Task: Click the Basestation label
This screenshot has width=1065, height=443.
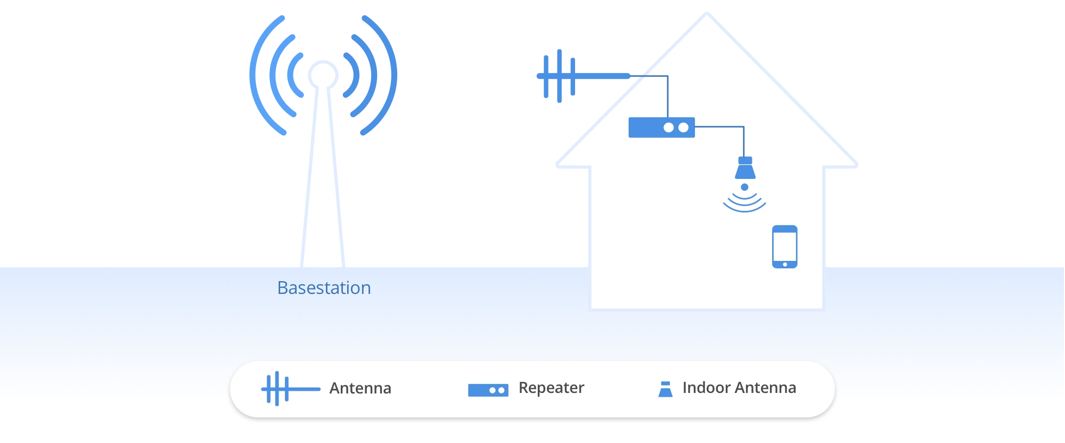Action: pos(324,288)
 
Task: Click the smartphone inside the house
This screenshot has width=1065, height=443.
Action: pos(784,246)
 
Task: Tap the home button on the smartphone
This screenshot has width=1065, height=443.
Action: pos(785,264)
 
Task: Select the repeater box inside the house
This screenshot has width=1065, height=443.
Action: pos(661,128)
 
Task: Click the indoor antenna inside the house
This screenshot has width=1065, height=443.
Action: pos(745,168)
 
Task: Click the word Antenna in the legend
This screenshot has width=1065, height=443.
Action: pos(360,388)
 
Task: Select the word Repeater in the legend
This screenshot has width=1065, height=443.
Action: pos(551,388)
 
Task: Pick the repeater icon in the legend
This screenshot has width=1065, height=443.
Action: pos(488,390)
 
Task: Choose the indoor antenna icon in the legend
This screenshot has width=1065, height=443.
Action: pos(665,389)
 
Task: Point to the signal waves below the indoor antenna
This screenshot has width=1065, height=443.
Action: pos(744,203)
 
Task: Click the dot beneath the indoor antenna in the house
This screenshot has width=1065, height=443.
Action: pos(744,187)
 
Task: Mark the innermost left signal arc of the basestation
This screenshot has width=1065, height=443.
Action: pos(293,75)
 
